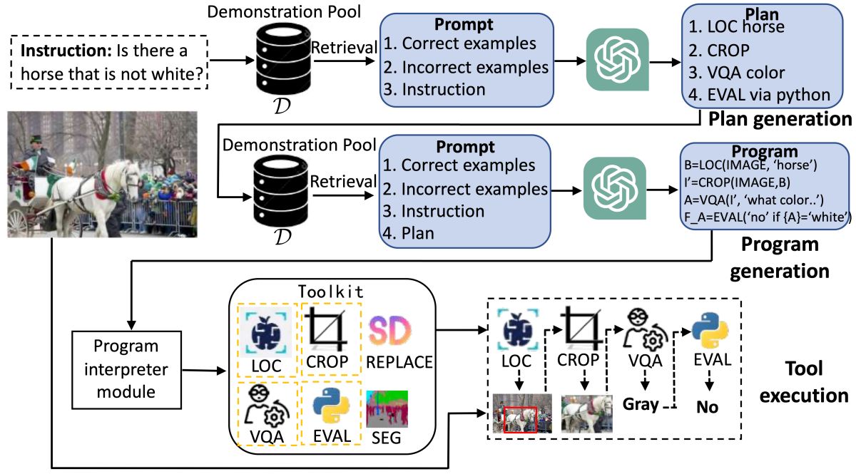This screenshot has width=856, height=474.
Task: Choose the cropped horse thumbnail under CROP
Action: click(x=587, y=413)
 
